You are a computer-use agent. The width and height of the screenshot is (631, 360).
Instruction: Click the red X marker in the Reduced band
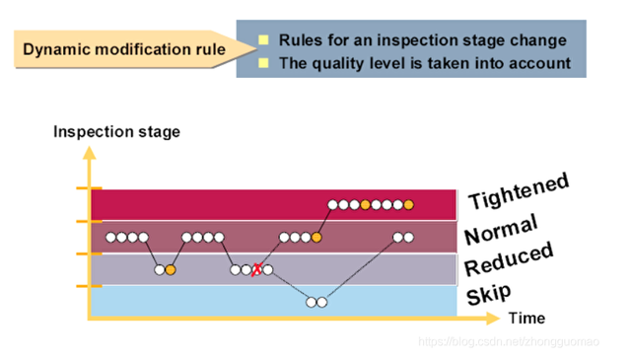(x=257, y=269)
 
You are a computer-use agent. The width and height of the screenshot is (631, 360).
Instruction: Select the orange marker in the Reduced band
(x=171, y=269)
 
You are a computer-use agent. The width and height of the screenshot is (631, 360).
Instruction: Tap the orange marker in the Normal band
(x=316, y=238)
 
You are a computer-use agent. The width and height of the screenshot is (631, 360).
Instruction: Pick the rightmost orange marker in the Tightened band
(x=408, y=205)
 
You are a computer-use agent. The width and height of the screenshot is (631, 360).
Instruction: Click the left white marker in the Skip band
(x=311, y=302)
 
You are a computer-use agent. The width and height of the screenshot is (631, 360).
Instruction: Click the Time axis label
(x=526, y=318)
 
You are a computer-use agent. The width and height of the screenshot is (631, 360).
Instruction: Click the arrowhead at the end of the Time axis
(x=497, y=317)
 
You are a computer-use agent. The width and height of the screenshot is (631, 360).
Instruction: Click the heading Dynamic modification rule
(x=123, y=48)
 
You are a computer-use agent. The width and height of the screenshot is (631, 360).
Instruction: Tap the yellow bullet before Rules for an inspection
(x=263, y=41)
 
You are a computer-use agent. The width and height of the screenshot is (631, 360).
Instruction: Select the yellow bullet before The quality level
(x=263, y=63)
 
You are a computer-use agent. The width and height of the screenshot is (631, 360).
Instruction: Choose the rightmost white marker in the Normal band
(x=408, y=238)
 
